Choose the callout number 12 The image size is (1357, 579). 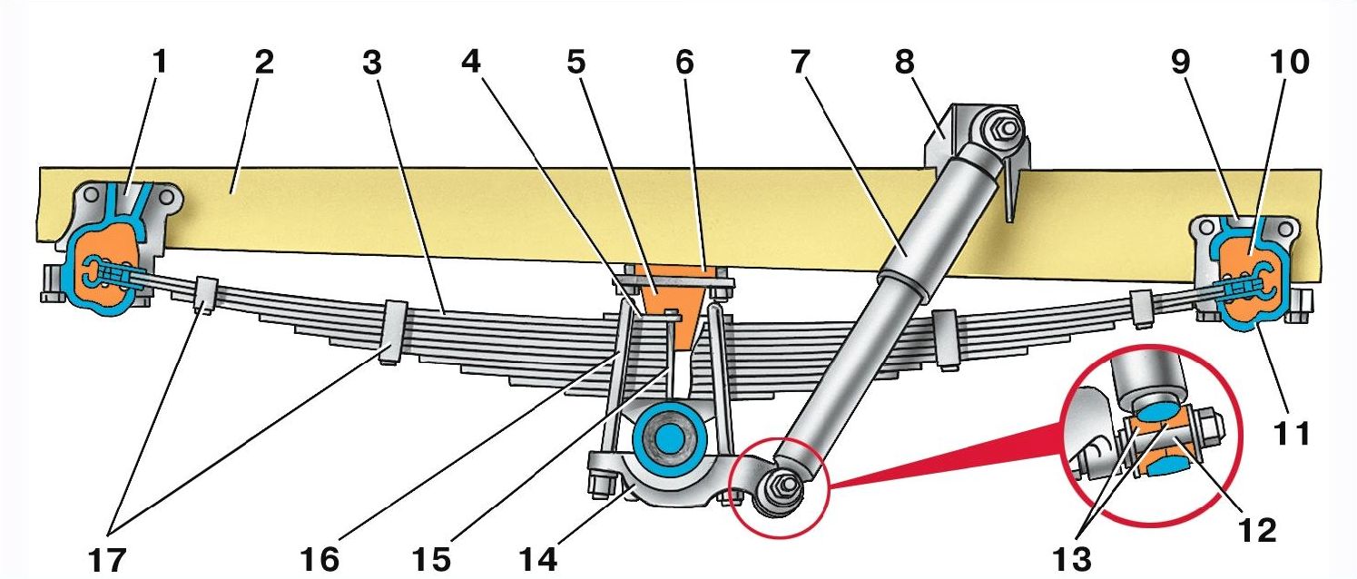coord(1258,529)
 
